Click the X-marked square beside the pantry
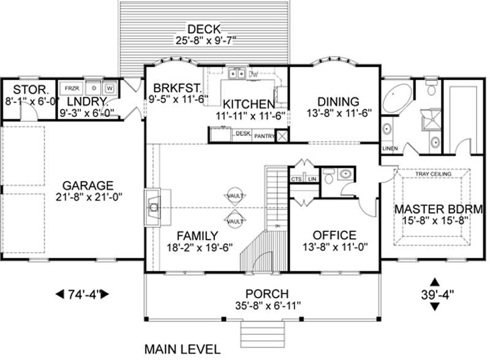tap(282, 137)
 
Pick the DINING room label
tap(337, 101)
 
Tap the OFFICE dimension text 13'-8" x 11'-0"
tap(334, 248)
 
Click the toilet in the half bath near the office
tap(331, 179)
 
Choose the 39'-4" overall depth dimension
tap(434, 294)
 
